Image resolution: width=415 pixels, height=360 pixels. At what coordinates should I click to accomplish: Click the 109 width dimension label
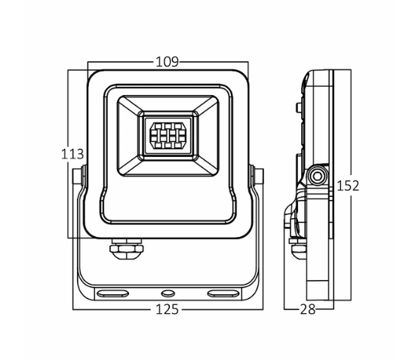(168, 62)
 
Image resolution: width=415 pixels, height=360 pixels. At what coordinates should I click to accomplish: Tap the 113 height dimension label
(72, 154)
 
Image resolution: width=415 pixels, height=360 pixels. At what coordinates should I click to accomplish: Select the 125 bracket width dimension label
(167, 309)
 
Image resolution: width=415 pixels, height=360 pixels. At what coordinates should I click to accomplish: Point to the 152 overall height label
(348, 186)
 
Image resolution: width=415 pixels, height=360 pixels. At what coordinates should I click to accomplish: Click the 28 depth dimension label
(308, 309)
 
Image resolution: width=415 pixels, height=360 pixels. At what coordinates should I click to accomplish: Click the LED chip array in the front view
(168, 135)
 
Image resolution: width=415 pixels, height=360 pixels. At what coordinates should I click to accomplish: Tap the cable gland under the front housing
(127, 249)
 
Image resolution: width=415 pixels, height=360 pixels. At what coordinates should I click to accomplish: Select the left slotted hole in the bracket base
(112, 294)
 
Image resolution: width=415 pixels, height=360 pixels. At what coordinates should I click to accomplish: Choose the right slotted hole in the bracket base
(223, 294)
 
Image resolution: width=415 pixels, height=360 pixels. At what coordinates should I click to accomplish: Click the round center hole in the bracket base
(168, 293)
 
